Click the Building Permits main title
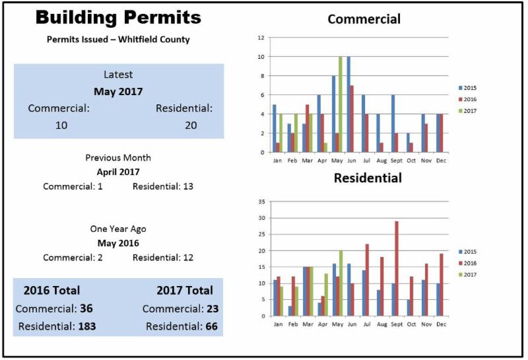[117, 17]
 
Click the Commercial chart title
[364, 19]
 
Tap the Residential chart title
[367, 178]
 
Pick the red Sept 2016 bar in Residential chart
[396, 268]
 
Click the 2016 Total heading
[51, 290]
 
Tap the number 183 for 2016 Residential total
[88, 326]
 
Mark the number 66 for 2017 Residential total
[211, 326]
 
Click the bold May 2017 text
[118, 91]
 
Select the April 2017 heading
[118, 172]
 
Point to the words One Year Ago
[118, 229]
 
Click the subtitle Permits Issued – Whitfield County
[118, 40]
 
